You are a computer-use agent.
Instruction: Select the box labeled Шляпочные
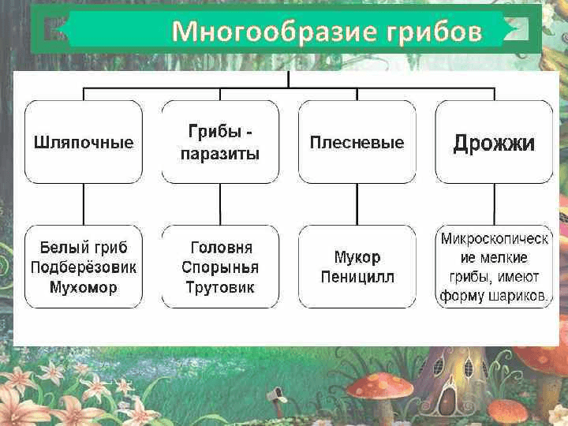(x=84, y=143)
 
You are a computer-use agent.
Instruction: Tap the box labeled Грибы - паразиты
(x=221, y=143)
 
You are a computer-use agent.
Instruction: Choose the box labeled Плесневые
(x=357, y=143)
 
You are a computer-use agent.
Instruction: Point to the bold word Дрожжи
(x=494, y=144)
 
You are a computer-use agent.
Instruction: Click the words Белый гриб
(x=84, y=246)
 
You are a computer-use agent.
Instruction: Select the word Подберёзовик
(x=84, y=267)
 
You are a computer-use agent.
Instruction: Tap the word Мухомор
(x=84, y=287)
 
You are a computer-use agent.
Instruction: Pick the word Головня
(x=221, y=246)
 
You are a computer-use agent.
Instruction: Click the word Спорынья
(x=221, y=267)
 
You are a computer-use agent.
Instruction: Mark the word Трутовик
(x=221, y=287)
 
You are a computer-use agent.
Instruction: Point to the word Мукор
(x=357, y=257)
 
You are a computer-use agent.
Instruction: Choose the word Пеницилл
(x=357, y=277)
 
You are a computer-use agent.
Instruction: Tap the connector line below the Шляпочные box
(x=84, y=204)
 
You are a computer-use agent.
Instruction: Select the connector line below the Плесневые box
(x=357, y=204)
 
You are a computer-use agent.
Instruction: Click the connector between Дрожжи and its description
(x=495, y=204)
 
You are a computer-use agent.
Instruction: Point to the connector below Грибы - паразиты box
(x=221, y=204)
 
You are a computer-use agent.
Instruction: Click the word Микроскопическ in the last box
(x=495, y=237)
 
